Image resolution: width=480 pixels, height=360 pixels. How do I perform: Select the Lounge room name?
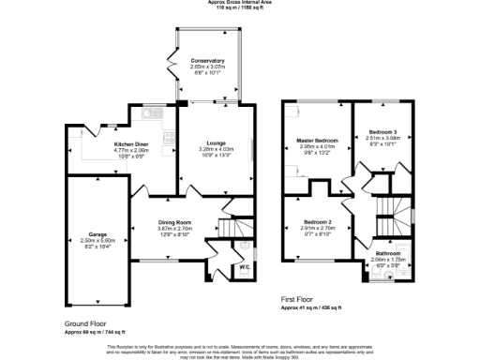click(x=217, y=143)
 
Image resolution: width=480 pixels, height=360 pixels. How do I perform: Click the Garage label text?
click(x=97, y=233)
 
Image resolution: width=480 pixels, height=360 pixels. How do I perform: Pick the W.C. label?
click(x=217, y=268)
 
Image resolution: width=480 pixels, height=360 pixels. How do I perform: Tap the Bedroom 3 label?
click(x=382, y=132)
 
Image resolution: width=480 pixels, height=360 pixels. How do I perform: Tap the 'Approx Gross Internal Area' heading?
click(x=240, y=3)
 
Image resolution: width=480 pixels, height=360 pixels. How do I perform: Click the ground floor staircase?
click(x=234, y=229)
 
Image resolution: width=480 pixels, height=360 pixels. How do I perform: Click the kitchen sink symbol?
click(x=149, y=114)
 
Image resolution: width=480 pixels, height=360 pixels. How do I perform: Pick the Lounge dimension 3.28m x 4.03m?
click(x=217, y=150)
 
